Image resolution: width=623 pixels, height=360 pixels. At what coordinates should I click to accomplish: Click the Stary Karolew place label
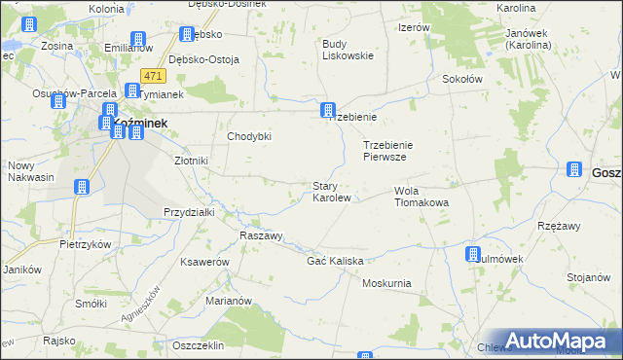331,192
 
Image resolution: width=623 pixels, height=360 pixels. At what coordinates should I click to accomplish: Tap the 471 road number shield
152,75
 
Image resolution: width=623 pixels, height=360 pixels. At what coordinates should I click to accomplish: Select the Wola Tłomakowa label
421,197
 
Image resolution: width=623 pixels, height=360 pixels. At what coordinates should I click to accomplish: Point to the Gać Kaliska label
335,262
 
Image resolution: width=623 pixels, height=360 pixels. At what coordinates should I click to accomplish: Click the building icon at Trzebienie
329,111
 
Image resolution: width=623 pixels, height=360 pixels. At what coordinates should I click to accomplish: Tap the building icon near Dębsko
186,35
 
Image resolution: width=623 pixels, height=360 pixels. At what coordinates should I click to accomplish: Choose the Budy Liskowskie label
348,50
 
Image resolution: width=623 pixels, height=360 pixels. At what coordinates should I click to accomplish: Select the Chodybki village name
248,136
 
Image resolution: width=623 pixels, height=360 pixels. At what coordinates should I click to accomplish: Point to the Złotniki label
192,161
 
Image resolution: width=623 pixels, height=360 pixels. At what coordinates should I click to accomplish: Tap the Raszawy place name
261,236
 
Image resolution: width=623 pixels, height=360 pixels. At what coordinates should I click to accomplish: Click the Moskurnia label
385,283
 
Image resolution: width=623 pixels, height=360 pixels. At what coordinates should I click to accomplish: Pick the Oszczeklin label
198,345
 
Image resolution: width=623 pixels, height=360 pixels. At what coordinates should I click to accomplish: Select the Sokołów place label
463,79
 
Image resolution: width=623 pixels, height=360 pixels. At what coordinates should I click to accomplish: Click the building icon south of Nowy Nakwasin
82,187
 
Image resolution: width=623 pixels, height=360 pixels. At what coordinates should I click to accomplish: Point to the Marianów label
230,301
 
